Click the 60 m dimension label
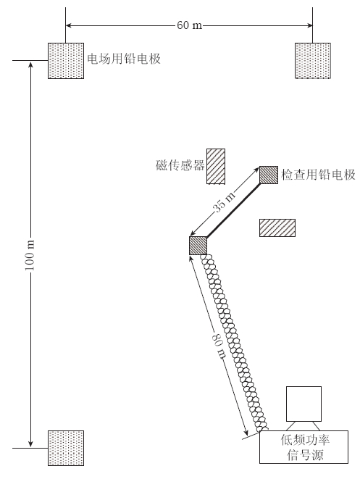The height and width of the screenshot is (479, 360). pyautogui.click(x=189, y=25)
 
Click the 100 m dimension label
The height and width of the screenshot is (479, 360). pyautogui.click(x=30, y=255)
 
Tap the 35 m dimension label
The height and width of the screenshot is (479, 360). pyautogui.click(x=225, y=201)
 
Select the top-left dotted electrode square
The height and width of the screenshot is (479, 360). pyautogui.click(x=66, y=61)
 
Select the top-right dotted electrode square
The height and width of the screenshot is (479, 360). pyautogui.click(x=313, y=61)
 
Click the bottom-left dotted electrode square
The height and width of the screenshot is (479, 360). pyautogui.click(x=66, y=448)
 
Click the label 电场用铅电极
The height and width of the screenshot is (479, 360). pyautogui.click(x=124, y=59)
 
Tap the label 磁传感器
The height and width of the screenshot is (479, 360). pyautogui.click(x=180, y=165)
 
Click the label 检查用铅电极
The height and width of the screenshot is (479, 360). pyautogui.click(x=318, y=175)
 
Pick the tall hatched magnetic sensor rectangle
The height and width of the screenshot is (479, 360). pyautogui.click(x=216, y=167)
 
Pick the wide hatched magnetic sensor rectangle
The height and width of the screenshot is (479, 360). pyautogui.click(x=277, y=228)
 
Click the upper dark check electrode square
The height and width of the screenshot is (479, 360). pyautogui.click(x=269, y=175)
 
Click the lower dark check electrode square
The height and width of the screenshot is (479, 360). pyautogui.click(x=198, y=246)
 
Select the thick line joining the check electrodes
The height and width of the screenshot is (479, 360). pyautogui.click(x=233, y=210)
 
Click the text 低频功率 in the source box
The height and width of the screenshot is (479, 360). pyautogui.click(x=305, y=440)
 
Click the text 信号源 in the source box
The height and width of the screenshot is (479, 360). pyautogui.click(x=305, y=455)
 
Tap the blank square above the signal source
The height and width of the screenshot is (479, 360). pyautogui.click(x=304, y=404)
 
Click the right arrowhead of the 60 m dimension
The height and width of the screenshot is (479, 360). pyautogui.click(x=309, y=25)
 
